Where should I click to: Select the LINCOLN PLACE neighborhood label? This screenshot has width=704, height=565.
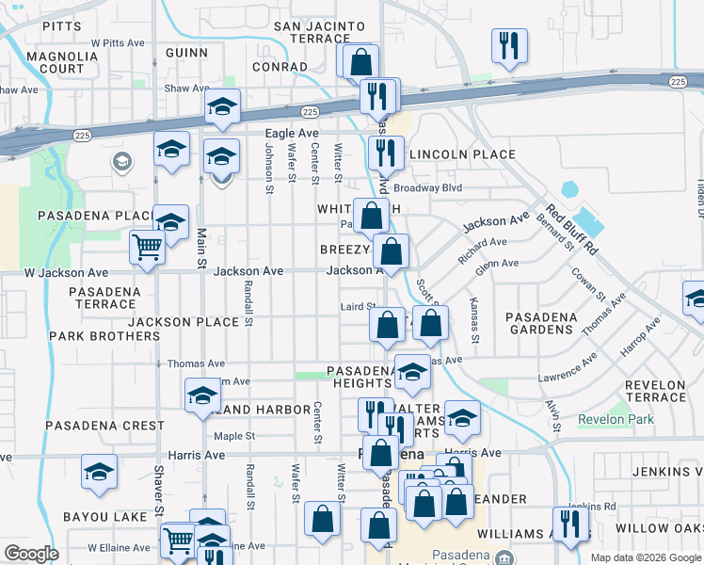coord(463,154)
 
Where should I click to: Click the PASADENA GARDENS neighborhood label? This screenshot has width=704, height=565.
coord(540,323)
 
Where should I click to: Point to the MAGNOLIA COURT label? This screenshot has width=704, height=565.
coord(62,62)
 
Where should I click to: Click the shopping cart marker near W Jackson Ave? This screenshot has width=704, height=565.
coord(148,249)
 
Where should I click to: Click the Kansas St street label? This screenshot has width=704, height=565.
coord(473,324)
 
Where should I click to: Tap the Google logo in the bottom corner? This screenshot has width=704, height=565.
coord(31,554)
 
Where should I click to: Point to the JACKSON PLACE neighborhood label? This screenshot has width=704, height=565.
coord(184,322)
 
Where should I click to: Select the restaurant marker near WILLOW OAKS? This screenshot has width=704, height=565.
coord(570,524)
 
